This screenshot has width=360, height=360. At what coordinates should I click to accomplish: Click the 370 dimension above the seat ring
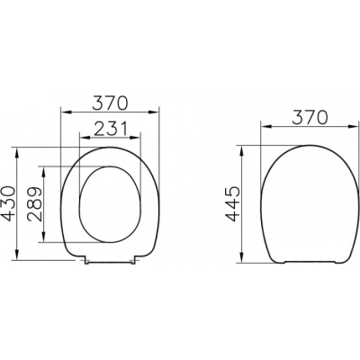110,103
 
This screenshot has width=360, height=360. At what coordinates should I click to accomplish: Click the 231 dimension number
111,129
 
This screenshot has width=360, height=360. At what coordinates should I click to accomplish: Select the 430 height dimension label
7,203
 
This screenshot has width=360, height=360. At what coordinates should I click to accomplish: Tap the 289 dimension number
33,204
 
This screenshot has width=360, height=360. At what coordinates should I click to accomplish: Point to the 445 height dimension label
233,203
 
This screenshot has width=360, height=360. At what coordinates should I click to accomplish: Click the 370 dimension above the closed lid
310,118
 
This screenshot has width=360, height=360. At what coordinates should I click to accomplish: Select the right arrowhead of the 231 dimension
134,138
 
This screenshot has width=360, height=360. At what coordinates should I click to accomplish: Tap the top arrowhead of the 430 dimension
17,152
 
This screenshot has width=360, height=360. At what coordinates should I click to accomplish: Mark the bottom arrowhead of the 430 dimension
17,255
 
